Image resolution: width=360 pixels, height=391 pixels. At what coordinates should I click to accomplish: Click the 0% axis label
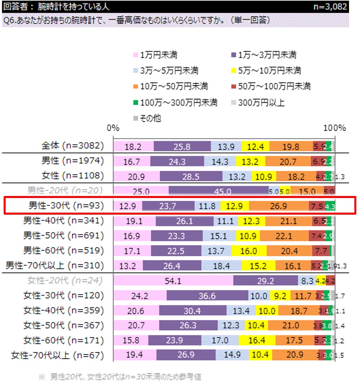coord(113,128)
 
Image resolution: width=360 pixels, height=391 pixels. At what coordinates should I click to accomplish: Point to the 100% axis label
coord(334,128)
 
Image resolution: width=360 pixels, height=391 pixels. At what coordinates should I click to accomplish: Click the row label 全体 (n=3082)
coord(72,146)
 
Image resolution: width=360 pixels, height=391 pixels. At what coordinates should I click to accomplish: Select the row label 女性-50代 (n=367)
coord(63,325)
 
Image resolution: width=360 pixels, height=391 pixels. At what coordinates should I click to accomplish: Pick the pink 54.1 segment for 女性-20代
coord(173,281)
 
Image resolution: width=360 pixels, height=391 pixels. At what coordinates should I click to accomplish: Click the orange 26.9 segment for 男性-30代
coord(279,206)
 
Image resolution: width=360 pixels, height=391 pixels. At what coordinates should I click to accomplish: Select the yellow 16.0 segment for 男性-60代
coord(249,251)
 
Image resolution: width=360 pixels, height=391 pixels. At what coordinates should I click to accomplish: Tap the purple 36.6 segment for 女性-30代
coord(207,295)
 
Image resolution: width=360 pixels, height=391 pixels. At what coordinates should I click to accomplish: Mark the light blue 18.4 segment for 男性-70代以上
coord(221,266)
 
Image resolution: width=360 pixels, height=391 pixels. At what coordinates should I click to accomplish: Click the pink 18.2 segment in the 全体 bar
coord(133,146)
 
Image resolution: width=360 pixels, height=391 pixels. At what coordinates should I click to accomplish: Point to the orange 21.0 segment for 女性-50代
coord(291,325)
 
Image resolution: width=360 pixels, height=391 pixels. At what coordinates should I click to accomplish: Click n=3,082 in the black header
coord(330,7)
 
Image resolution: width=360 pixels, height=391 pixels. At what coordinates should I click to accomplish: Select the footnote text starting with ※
coord(120,377)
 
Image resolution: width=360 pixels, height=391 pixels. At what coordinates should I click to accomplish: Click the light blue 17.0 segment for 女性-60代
coord(220,340)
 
